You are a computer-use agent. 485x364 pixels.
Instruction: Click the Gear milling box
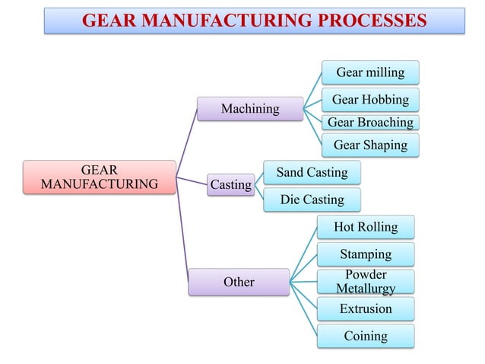click(370, 73)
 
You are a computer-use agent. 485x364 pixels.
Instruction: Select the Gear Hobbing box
click(370, 100)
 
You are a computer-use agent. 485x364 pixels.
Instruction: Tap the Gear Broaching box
click(370, 123)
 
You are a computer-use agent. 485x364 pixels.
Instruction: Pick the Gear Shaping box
click(370, 145)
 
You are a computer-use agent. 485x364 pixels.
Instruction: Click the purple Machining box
click(249, 109)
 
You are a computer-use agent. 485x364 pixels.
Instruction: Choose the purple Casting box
click(230, 184)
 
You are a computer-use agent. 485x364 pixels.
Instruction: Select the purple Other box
click(239, 282)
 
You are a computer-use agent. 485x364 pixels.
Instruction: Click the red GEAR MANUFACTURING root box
click(99, 177)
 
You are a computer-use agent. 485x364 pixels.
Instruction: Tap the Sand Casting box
click(312, 172)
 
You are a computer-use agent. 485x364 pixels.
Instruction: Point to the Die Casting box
click(312, 200)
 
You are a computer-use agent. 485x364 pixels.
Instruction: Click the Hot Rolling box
click(365, 227)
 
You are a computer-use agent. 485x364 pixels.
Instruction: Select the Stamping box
click(366, 254)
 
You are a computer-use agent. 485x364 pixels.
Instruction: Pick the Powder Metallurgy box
click(366, 281)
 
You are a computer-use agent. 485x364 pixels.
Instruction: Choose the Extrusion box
click(366, 308)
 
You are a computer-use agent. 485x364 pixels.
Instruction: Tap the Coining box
click(366, 336)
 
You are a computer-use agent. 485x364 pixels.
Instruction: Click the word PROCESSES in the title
click(366, 21)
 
